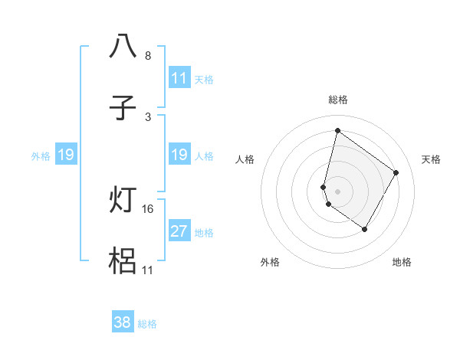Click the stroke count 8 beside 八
coord(147,56)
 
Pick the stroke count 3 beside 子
coord(147,117)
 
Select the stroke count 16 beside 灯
coord(149,208)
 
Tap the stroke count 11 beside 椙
coord(149,270)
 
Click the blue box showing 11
coord(179,78)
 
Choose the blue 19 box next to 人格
coord(179,155)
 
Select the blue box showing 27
coord(179,232)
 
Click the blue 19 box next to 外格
coord(66,155)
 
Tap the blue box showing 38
coord(123,322)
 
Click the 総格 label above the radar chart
coord(337,100)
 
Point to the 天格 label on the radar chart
coord(431,159)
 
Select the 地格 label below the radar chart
coord(402,262)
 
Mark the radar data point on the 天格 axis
coord(396,172)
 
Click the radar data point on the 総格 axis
coord(337,131)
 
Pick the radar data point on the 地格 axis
coord(365,229)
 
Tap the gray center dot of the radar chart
coord(337,191)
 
